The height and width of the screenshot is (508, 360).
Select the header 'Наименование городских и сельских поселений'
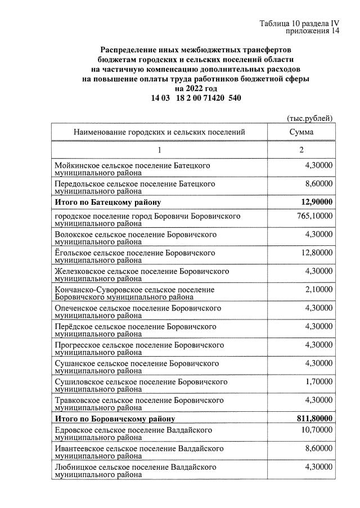point(159,132)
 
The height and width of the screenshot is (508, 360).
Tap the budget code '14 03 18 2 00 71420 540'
point(196,98)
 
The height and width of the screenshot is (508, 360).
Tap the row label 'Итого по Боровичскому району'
point(114,419)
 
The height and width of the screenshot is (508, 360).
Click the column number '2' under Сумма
point(301,150)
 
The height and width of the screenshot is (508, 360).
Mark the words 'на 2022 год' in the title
point(196,89)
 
